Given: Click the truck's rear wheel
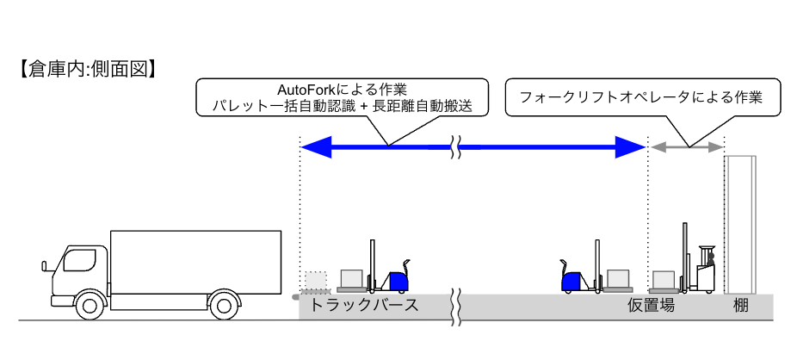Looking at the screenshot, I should click(223, 305).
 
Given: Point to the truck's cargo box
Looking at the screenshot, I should click(196, 262).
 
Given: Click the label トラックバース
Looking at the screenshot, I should click(364, 306).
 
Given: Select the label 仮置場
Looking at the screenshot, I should click(651, 306).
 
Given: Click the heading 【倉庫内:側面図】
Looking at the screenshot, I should click(86, 68).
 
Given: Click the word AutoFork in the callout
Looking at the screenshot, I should click(307, 90).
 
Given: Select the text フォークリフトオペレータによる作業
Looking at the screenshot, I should click(641, 97).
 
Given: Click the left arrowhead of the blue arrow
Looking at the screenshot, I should click(315, 148).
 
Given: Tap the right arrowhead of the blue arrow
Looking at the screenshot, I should click(633, 148).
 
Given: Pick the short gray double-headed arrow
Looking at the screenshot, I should click(686, 148).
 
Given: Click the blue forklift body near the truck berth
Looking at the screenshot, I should click(398, 281).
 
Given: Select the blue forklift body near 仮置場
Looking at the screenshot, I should click(572, 281).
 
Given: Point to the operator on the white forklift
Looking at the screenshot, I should click(711, 258).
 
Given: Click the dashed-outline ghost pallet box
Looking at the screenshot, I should click(316, 281).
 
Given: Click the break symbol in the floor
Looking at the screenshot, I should click(458, 307).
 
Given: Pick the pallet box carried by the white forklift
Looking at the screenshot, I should click(663, 278).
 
